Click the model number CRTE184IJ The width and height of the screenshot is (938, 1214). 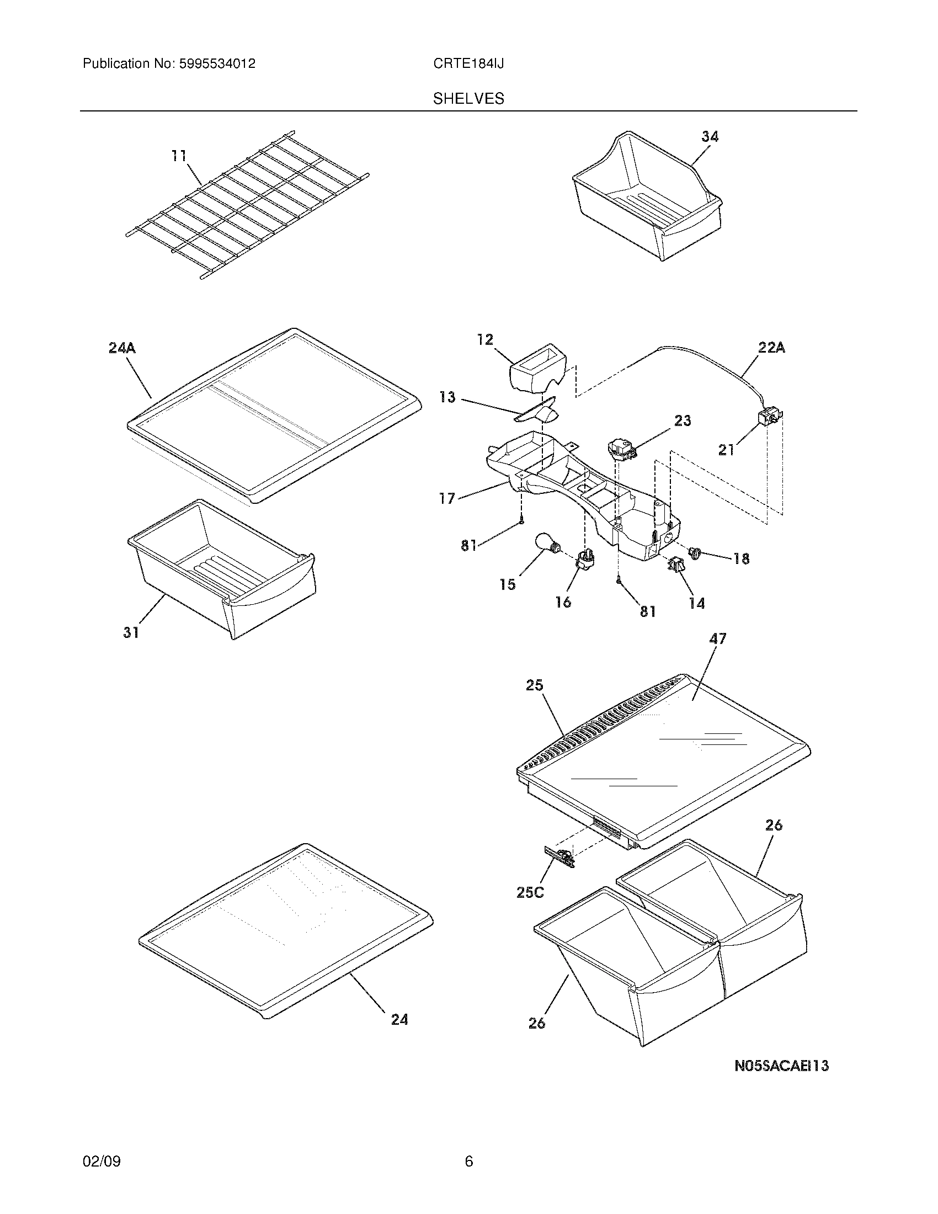tap(468, 64)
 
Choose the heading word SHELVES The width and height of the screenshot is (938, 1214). tap(468, 99)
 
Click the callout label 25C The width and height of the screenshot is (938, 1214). tap(530, 892)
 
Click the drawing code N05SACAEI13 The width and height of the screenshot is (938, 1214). tap(781, 1066)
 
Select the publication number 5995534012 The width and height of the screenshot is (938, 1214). tap(217, 64)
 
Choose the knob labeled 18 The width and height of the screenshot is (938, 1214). tap(694, 552)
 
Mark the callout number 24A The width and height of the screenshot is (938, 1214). tap(122, 348)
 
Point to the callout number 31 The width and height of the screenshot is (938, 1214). tap(131, 632)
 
